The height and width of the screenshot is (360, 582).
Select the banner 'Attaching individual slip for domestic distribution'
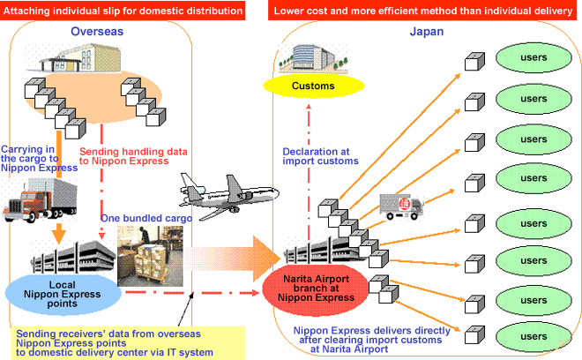[123, 11]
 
